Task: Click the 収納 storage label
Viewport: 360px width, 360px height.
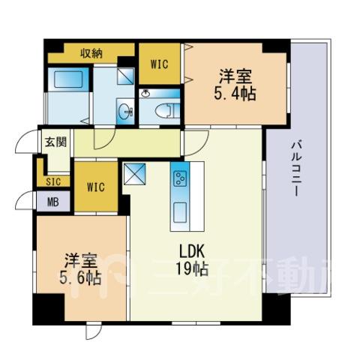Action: [x=91, y=53]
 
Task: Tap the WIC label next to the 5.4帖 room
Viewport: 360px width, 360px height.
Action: [x=160, y=64]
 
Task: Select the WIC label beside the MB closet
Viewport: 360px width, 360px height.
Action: [x=96, y=187]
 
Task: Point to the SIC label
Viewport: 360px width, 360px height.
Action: [x=53, y=181]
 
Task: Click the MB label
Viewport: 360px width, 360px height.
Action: [x=53, y=202]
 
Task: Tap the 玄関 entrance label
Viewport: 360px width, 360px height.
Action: [x=55, y=142]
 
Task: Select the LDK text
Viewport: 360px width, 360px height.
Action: [x=193, y=252]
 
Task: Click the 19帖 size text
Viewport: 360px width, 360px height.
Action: [x=192, y=268]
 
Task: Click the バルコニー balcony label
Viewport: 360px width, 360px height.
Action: [x=297, y=169]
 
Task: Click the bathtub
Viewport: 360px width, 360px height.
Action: [x=68, y=79]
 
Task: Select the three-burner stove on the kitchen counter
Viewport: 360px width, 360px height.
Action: [x=181, y=178]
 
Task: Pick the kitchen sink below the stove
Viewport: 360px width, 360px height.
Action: [x=180, y=213]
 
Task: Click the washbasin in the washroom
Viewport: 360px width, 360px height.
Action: [x=125, y=112]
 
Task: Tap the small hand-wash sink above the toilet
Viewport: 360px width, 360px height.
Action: [x=145, y=94]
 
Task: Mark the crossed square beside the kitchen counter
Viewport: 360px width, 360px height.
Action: [x=134, y=174]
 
